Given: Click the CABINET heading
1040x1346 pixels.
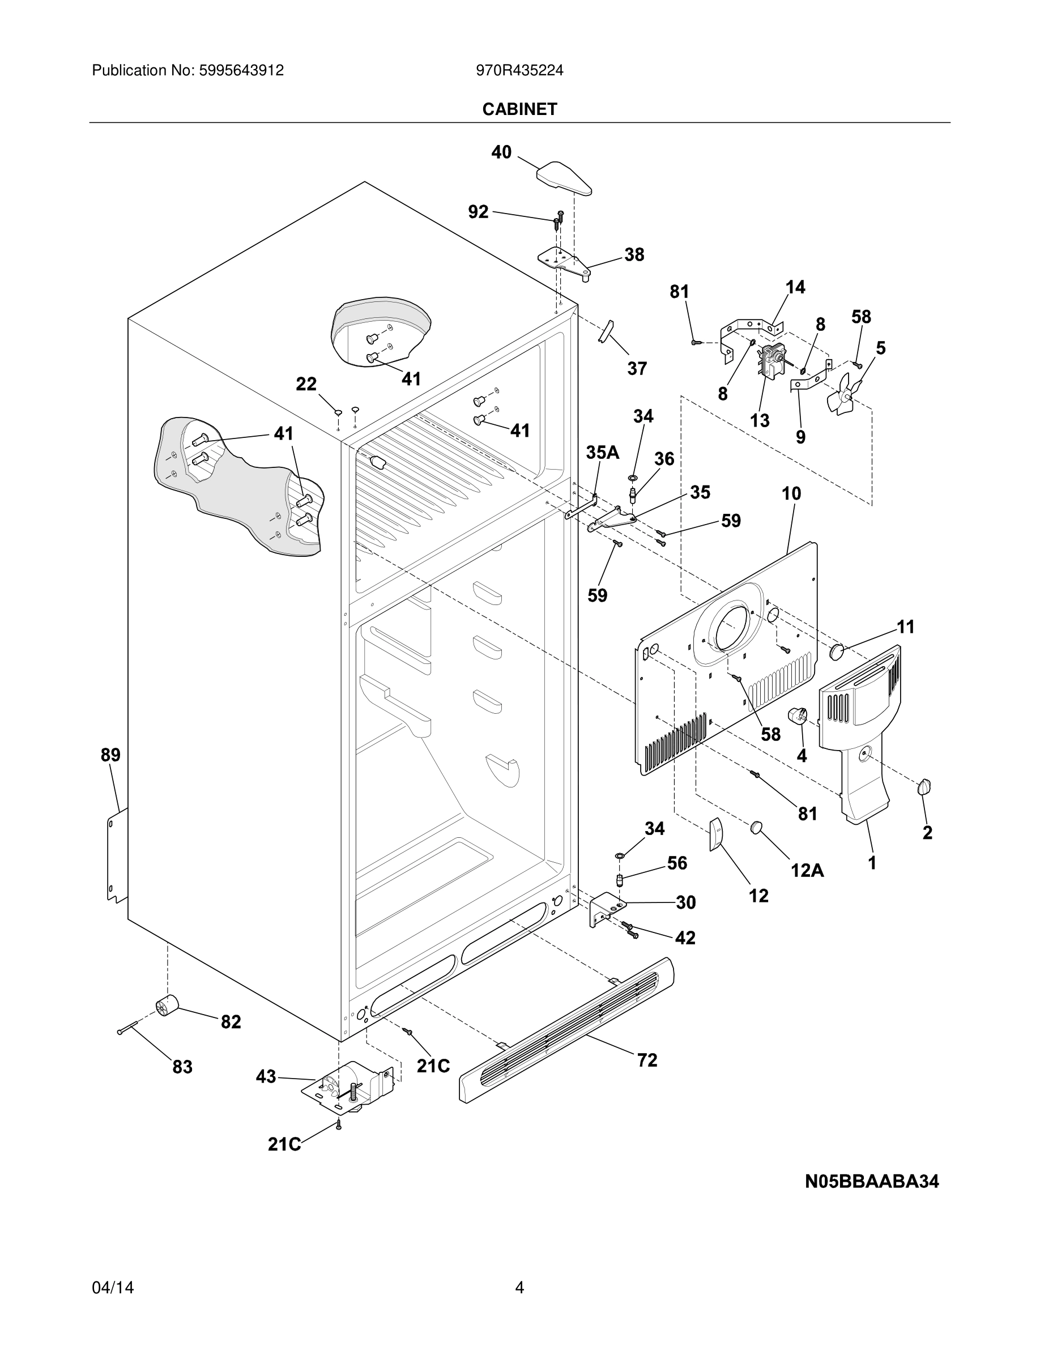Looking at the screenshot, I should click(x=519, y=109).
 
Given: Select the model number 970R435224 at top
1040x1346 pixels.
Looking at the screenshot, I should click(x=519, y=71).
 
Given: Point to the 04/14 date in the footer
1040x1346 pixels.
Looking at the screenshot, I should click(x=113, y=1288).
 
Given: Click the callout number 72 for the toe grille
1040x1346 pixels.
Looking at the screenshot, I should click(x=647, y=1060).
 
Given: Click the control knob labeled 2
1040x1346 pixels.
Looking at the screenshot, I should click(x=924, y=787).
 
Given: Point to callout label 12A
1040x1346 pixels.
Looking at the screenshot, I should click(x=807, y=870).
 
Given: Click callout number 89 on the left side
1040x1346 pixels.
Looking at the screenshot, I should click(x=111, y=755).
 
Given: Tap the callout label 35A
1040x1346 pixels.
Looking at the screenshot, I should click(x=602, y=453).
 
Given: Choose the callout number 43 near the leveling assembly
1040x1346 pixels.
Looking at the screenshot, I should click(x=266, y=1077).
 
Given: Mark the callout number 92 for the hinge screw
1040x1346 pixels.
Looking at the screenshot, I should click(x=478, y=212).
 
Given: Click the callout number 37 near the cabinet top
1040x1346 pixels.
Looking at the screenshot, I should click(x=637, y=369).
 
